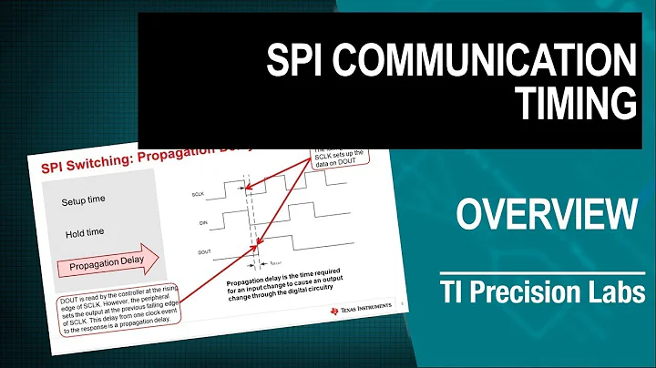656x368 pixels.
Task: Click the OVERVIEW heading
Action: [x=546, y=216]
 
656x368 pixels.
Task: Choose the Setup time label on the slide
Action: [x=87, y=200]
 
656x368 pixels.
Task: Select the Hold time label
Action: [x=87, y=233]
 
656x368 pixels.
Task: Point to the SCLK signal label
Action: [x=197, y=195]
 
